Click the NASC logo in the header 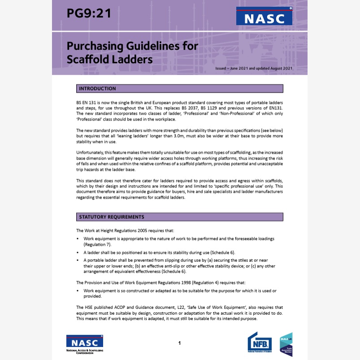[x=264, y=17]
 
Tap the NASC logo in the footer [x=85, y=344]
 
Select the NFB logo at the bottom [x=260, y=343]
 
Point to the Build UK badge [x=286, y=344]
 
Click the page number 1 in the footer [x=179, y=343]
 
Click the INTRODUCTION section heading [x=97, y=89]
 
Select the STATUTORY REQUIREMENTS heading [x=111, y=217]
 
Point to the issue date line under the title [x=254, y=68]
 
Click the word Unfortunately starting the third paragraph [x=91, y=152]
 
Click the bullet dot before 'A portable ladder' [x=78, y=260]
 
